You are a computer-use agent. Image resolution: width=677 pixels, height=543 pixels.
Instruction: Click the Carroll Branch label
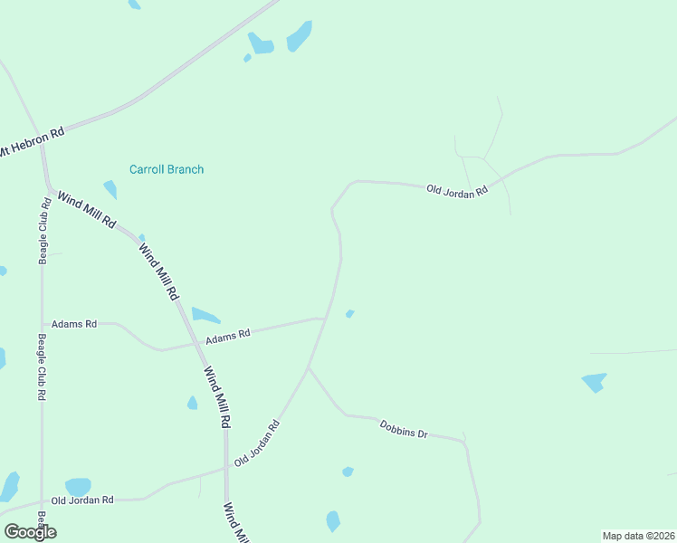[167, 169]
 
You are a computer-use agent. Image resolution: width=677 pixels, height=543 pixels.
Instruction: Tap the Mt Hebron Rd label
[33, 143]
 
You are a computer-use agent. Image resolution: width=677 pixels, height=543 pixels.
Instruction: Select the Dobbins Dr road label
[403, 428]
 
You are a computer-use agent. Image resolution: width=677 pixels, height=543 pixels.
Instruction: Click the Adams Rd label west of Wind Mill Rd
[74, 323]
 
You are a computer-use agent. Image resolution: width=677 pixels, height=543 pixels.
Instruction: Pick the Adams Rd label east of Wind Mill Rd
[227, 337]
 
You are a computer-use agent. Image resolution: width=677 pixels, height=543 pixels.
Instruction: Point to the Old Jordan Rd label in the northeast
[457, 190]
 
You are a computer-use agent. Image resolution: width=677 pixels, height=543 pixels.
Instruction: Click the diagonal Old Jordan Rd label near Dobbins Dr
[256, 443]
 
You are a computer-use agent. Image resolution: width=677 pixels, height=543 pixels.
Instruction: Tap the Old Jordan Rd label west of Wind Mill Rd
[82, 500]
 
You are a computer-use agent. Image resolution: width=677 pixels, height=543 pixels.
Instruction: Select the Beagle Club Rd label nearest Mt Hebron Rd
[43, 230]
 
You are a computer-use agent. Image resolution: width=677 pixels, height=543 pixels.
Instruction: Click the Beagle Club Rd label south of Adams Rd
[42, 367]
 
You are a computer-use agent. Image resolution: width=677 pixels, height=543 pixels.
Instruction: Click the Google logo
[30, 532]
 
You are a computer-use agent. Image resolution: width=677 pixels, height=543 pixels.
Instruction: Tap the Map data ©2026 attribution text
[637, 536]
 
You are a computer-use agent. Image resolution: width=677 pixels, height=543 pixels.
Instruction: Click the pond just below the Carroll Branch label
[110, 189]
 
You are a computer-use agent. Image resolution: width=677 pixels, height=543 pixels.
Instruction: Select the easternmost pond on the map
[594, 382]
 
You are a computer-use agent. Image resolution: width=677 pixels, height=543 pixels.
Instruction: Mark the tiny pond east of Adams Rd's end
[349, 314]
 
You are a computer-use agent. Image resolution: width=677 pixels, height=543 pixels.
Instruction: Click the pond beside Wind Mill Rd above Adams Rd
[205, 316]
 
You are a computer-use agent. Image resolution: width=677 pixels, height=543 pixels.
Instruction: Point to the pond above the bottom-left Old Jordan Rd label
[78, 487]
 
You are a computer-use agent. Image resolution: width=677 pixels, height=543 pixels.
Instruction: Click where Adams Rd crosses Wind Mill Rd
[196, 344]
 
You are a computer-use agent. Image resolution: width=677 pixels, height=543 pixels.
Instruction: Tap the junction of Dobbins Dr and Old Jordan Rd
[309, 367]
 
